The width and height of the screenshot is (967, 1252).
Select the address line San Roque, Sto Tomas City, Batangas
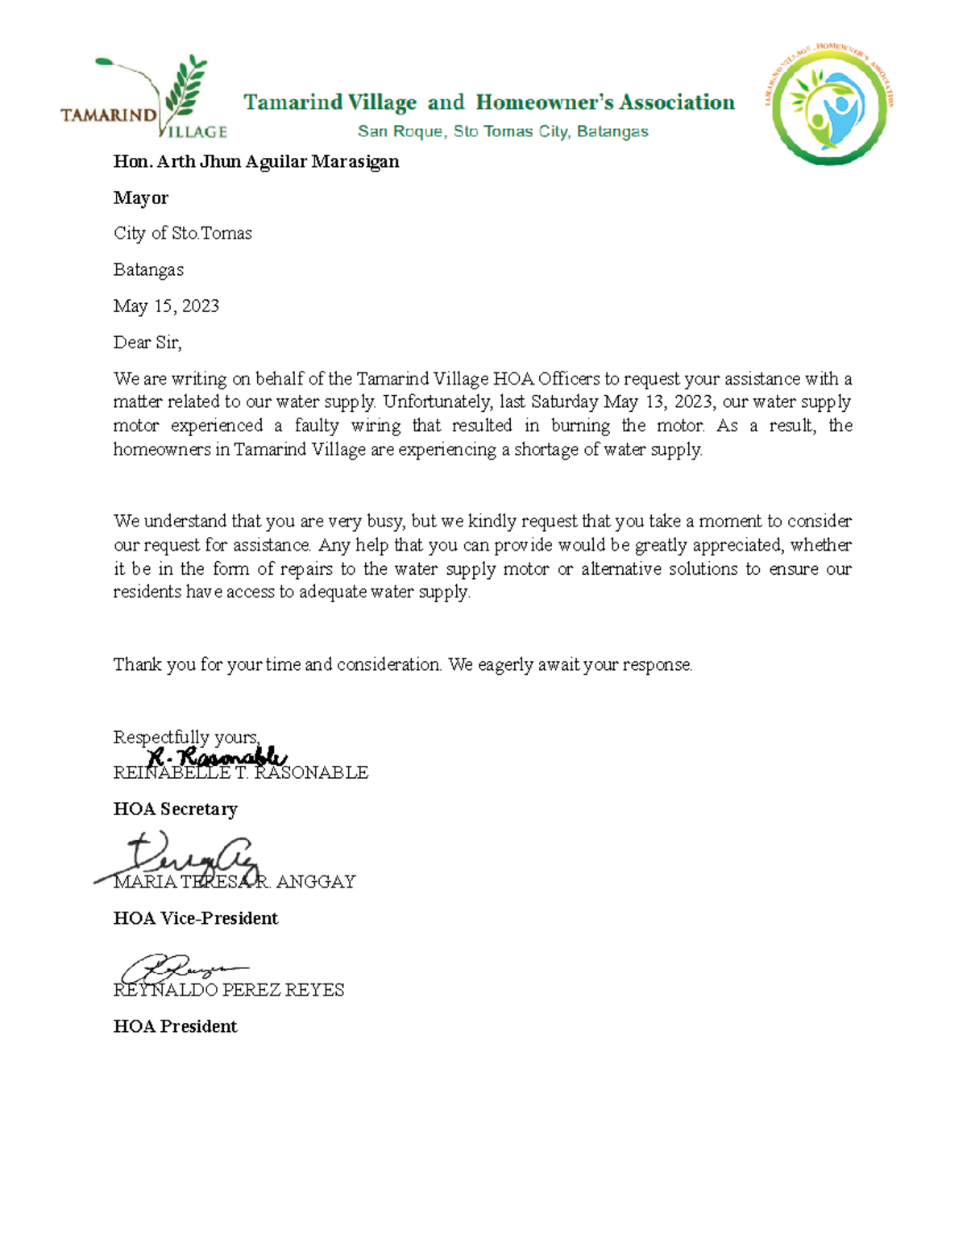tap(503, 131)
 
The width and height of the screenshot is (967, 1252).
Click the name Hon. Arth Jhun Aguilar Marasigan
tap(256, 161)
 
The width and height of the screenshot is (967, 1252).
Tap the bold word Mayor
tap(141, 198)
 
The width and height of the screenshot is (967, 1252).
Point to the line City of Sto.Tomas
tap(183, 234)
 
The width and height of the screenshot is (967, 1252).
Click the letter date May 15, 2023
tap(166, 306)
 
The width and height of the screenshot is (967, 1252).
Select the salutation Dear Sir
tap(147, 343)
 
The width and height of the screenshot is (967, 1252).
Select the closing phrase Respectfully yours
tap(186, 737)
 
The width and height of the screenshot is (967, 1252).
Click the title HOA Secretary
tap(176, 809)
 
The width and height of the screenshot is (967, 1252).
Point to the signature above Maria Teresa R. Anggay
tap(189, 859)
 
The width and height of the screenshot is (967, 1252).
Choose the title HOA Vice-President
tap(196, 918)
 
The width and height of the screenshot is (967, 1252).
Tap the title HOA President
tap(176, 1026)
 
